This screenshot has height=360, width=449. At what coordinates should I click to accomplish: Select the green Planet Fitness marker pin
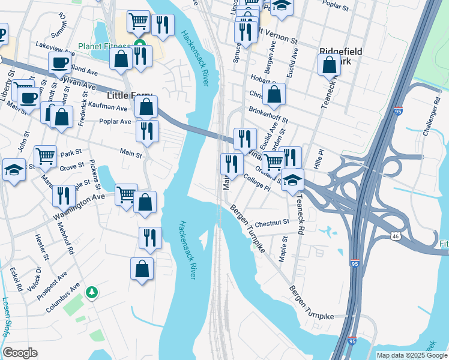pos(140,43)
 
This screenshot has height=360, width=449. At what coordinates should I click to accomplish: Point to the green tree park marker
pos(92,292)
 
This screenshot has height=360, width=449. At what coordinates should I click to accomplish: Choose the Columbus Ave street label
pos(62,298)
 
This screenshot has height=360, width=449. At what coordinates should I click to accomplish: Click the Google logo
pos(20,353)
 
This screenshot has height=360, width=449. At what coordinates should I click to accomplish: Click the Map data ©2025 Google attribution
pos(411,355)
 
